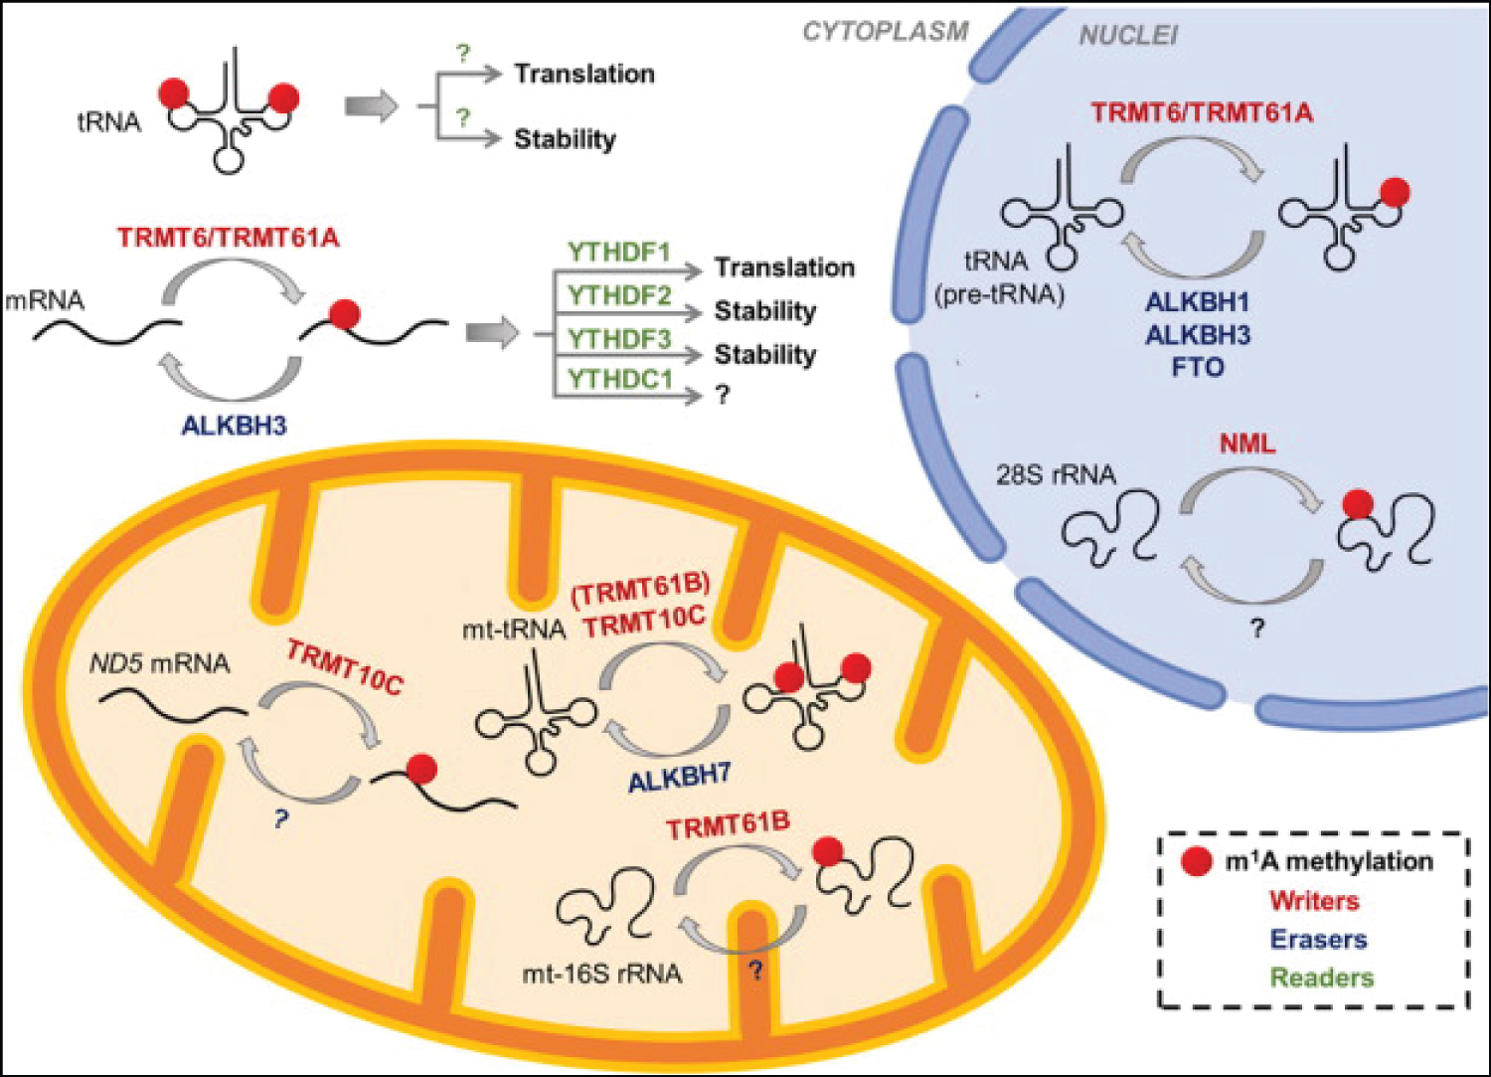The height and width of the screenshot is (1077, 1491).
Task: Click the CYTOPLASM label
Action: pos(886,31)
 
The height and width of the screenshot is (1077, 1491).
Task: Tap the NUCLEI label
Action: pos(1128,35)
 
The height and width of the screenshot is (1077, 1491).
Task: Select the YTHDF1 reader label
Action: pos(619,253)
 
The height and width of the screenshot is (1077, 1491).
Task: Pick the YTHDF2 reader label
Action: pos(619,295)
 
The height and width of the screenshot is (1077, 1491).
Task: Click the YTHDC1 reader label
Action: pos(620,379)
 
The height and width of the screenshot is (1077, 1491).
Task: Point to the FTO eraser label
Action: pos(1198,367)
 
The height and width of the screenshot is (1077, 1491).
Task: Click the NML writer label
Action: pos(1247,444)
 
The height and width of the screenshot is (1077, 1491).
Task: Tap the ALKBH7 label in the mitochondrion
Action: pos(680,778)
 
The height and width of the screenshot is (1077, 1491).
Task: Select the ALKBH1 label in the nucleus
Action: pos(1198,303)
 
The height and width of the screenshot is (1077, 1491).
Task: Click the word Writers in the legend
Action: pos(1315,901)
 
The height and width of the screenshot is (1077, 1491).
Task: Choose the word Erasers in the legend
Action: pos(1319,939)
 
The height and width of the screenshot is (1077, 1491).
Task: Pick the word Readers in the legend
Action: pos(1322,978)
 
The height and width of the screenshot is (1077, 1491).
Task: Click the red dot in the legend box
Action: pos(1196,862)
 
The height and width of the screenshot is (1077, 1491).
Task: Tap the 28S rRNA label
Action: pos(1056,474)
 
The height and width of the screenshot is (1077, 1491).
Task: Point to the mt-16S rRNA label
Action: pos(602,974)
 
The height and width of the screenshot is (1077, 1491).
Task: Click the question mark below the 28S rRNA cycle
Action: pos(1257,628)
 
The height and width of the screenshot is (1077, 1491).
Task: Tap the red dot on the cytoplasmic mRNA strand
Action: pos(345,314)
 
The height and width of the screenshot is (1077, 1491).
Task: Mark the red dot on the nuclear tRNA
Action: pos(1395,193)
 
